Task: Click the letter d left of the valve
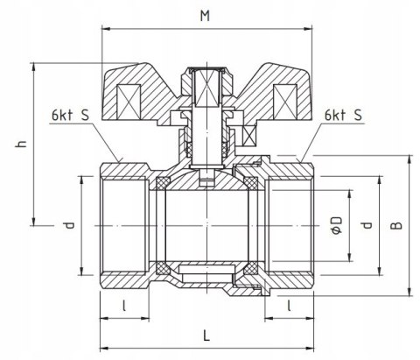66,225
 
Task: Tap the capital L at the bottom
205,334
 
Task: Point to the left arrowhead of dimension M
105,26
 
